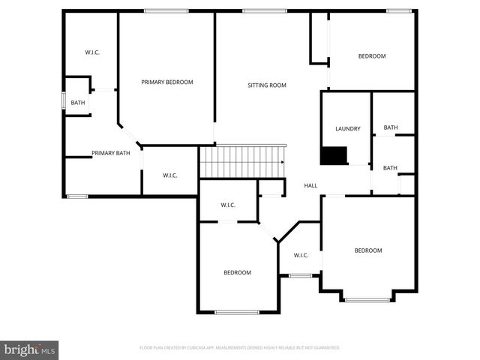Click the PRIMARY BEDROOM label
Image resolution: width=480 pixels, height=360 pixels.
(x=167, y=82)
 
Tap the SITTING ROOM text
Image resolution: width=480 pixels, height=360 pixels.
(x=267, y=85)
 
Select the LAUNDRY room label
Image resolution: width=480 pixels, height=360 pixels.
(x=348, y=128)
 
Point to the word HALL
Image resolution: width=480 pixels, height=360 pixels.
(x=310, y=185)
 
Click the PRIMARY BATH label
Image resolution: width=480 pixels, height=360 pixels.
(x=111, y=153)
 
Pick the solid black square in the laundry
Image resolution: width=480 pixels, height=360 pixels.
(x=334, y=155)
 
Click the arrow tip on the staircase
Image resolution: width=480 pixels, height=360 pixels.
(x=283, y=161)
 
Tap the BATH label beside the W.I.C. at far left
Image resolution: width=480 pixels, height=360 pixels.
(x=78, y=103)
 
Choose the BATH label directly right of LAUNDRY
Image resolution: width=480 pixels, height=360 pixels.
(x=391, y=127)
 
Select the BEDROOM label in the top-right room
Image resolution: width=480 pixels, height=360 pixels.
(x=371, y=56)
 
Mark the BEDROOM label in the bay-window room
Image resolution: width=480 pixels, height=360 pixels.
(x=368, y=250)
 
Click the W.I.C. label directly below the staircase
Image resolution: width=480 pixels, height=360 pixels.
(x=228, y=205)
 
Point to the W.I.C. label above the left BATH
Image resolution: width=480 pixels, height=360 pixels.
(x=92, y=52)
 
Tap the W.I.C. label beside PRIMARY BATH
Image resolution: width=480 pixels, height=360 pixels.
(x=170, y=175)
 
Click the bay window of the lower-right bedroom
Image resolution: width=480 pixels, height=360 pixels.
(x=367, y=300)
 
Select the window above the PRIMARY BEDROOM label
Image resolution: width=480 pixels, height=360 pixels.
(x=166, y=10)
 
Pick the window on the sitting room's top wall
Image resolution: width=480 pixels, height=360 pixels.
(x=264, y=10)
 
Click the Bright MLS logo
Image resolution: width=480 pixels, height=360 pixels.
(x=30, y=349)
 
